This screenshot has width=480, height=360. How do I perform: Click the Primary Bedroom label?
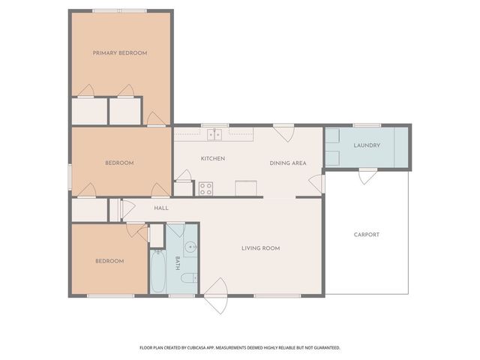[x=119, y=53]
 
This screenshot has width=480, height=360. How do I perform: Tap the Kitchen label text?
[x=213, y=158]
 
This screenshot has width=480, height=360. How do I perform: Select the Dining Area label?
[x=288, y=163]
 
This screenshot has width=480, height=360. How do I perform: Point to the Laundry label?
[x=367, y=145]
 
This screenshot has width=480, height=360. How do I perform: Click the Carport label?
[x=367, y=235]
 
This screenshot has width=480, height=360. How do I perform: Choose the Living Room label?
[x=260, y=248]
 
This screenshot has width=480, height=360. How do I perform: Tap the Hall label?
[x=161, y=208]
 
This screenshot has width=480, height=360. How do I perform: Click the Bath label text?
[x=178, y=262]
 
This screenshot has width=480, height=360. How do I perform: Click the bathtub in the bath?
[x=158, y=273]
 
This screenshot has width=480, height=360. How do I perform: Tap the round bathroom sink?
[x=190, y=247]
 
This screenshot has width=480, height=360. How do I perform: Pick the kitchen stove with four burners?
[x=205, y=188]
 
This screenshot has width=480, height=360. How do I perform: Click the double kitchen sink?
[x=214, y=134]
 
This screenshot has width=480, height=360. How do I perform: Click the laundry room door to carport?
[x=367, y=175]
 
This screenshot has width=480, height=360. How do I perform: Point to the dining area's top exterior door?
[x=283, y=133]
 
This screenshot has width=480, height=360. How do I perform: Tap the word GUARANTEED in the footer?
[x=323, y=348]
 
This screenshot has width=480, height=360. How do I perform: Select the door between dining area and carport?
[x=318, y=183]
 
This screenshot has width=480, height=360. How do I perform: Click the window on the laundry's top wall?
[x=366, y=124]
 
